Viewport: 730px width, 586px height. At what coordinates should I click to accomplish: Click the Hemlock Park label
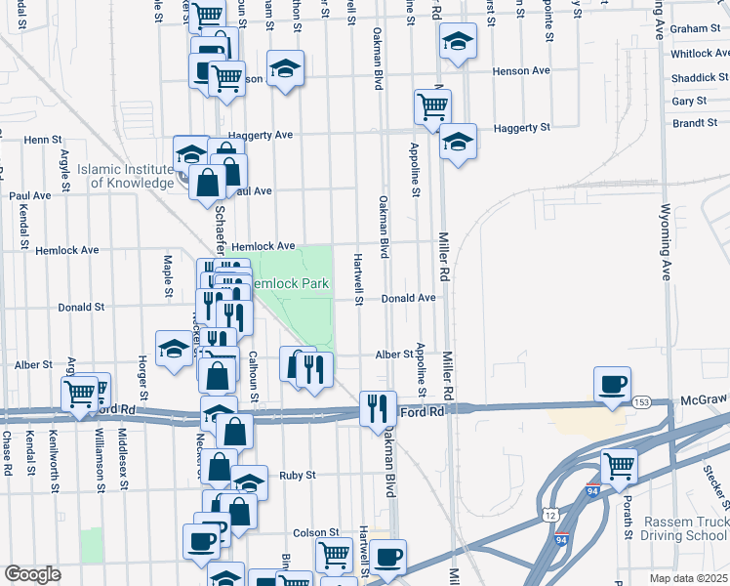[291, 283]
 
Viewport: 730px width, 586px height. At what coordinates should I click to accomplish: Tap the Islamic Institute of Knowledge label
[125, 176]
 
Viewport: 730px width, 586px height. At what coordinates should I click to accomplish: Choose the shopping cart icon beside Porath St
[619, 467]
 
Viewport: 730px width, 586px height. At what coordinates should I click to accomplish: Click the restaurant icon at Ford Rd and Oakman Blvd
[377, 408]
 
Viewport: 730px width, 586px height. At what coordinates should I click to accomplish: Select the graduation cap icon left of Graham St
[457, 42]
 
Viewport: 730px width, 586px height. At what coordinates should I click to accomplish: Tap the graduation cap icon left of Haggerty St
[457, 142]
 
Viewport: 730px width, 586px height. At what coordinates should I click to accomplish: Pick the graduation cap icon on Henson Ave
[285, 68]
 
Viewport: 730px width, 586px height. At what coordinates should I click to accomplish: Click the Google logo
[32, 574]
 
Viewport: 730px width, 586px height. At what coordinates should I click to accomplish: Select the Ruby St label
[298, 476]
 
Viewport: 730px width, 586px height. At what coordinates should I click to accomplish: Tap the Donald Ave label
[408, 298]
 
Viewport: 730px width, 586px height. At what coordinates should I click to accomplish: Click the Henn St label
[43, 140]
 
